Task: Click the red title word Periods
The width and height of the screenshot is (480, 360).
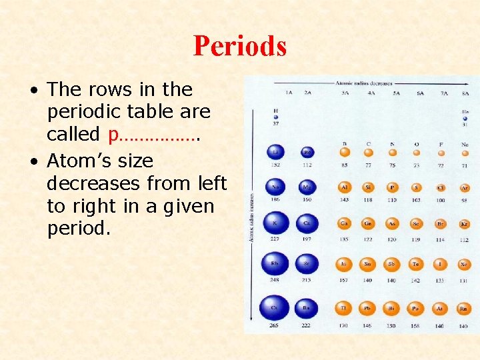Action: coord(240,46)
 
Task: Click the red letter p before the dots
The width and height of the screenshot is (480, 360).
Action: coord(113,135)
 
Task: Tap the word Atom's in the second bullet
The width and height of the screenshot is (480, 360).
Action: coord(75,161)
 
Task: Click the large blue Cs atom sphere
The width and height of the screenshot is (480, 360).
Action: coord(275,307)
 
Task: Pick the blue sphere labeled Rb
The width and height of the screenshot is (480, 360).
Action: coord(275,264)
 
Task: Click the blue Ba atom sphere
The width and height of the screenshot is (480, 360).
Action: coord(307,307)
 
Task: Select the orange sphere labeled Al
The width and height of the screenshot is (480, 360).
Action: coord(344,188)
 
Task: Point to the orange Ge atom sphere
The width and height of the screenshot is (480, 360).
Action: coord(368,225)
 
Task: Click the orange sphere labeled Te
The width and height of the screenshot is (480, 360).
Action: coord(415,264)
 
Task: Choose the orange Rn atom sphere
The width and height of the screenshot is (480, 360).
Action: coord(463,308)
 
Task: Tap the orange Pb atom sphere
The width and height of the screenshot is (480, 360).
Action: coord(368,308)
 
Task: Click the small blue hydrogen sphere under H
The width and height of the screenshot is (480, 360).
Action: coord(275,117)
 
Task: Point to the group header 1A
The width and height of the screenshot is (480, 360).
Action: coord(289,94)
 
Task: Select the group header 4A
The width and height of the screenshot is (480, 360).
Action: coord(371,94)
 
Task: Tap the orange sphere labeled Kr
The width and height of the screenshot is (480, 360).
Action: coord(463,225)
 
